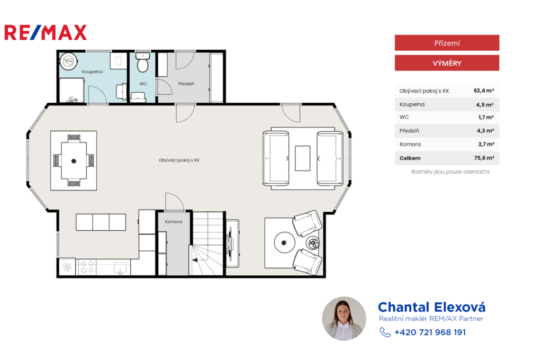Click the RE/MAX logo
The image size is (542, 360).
click(x=46, y=32)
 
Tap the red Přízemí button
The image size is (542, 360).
click(x=447, y=43)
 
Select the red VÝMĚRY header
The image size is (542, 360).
click(x=447, y=63)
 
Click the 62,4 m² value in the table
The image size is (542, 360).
click(x=484, y=91)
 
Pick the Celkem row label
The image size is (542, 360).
click(x=410, y=158)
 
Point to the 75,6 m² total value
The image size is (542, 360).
click(x=484, y=158)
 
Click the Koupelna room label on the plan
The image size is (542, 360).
click(x=92, y=71)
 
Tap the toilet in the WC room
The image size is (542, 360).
click(x=142, y=62)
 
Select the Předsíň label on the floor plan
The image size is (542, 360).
click(x=186, y=84)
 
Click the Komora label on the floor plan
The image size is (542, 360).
click(x=174, y=222)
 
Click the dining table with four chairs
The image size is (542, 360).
click(x=74, y=161)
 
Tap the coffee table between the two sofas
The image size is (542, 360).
click(x=302, y=158)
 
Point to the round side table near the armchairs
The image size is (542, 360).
click(x=284, y=243)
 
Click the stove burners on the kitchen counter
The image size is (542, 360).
click(x=87, y=267)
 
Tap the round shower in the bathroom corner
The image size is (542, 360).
click(x=68, y=61)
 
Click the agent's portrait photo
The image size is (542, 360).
click(x=344, y=319)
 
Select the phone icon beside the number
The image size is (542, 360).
click(x=385, y=332)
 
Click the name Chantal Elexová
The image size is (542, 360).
click(x=432, y=307)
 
